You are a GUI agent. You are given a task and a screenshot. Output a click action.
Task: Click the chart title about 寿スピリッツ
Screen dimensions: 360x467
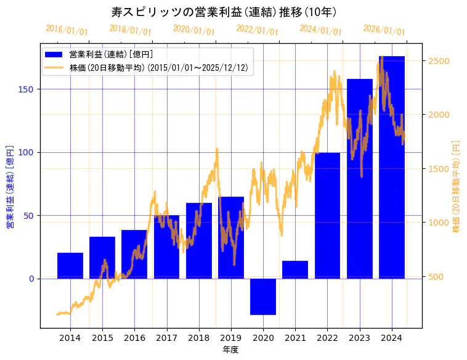pos(224,12)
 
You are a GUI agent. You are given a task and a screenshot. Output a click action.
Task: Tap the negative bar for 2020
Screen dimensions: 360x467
pos(263,297)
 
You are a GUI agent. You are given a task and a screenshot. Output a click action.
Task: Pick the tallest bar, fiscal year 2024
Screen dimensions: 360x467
pos(392,166)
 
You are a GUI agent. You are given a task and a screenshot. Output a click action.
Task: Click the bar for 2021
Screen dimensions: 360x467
pos(295,269)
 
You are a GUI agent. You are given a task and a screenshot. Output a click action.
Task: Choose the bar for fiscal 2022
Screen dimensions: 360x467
pos(327,216)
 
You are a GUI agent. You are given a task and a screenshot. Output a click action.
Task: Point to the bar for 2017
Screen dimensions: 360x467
pos(166,247)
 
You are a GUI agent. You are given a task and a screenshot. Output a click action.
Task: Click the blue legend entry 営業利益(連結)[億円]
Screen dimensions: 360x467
pos(111,55)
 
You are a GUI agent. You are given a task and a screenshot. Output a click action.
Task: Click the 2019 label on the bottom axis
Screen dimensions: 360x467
pos(231,338)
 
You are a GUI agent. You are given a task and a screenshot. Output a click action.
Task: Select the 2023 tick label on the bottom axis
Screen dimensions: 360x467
pos(360,338)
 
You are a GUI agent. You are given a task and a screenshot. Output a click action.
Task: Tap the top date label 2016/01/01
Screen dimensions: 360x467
pos(67,31)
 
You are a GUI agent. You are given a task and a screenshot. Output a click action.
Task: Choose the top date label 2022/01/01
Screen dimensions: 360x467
pos(257,31)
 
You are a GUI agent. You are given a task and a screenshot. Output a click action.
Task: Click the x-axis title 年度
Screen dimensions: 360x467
pos(230,350)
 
